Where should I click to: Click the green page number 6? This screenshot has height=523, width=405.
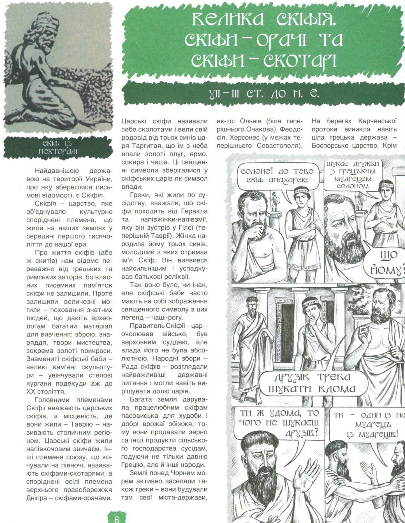pos(117,518)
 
